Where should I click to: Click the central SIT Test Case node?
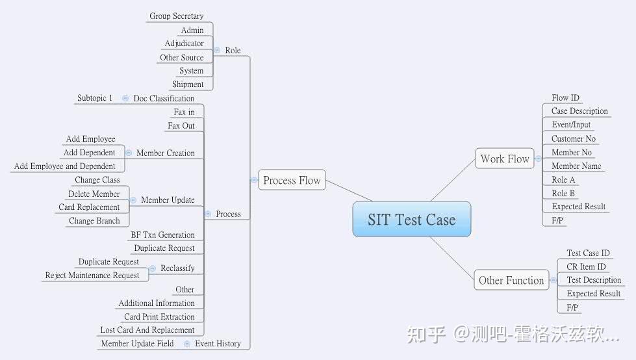(411, 220)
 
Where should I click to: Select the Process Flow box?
(292, 181)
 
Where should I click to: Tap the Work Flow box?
(505, 159)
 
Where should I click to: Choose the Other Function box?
(511, 281)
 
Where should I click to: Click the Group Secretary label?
(176, 16)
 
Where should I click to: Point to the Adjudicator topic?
(184, 44)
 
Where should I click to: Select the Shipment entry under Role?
(188, 84)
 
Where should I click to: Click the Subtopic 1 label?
(95, 98)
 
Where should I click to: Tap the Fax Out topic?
(181, 126)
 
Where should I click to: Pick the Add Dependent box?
(89, 153)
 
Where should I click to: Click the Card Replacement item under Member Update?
(89, 207)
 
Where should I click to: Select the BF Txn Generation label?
(162, 235)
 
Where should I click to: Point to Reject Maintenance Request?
(92, 276)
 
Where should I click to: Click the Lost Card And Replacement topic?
(147, 330)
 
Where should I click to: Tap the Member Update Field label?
(137, 344)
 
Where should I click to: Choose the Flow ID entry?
(565, 98)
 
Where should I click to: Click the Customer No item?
(573, 139)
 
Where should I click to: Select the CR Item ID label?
(586, 267)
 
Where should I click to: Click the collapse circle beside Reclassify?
(153, 268)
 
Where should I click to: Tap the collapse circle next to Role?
(216, 50)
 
